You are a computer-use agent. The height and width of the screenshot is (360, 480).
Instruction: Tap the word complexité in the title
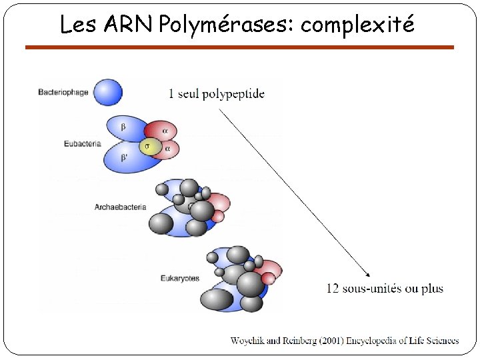click(x=357, y=25)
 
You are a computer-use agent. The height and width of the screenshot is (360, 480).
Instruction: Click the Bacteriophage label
click(x=63, y=92)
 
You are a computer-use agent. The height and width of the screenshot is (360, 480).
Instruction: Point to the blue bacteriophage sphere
click(x=108, y=92)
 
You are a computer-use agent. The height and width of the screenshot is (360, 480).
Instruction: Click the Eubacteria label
click(x=82, y=143)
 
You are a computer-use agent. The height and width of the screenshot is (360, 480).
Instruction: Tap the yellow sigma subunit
click(x=151, y=146)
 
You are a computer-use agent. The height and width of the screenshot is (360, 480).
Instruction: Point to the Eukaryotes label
click(x=180, y=278)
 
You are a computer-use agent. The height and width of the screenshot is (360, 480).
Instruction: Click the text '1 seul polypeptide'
click(x=217, y=93)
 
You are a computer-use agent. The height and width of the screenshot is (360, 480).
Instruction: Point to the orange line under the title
click(x=239, y=47)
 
